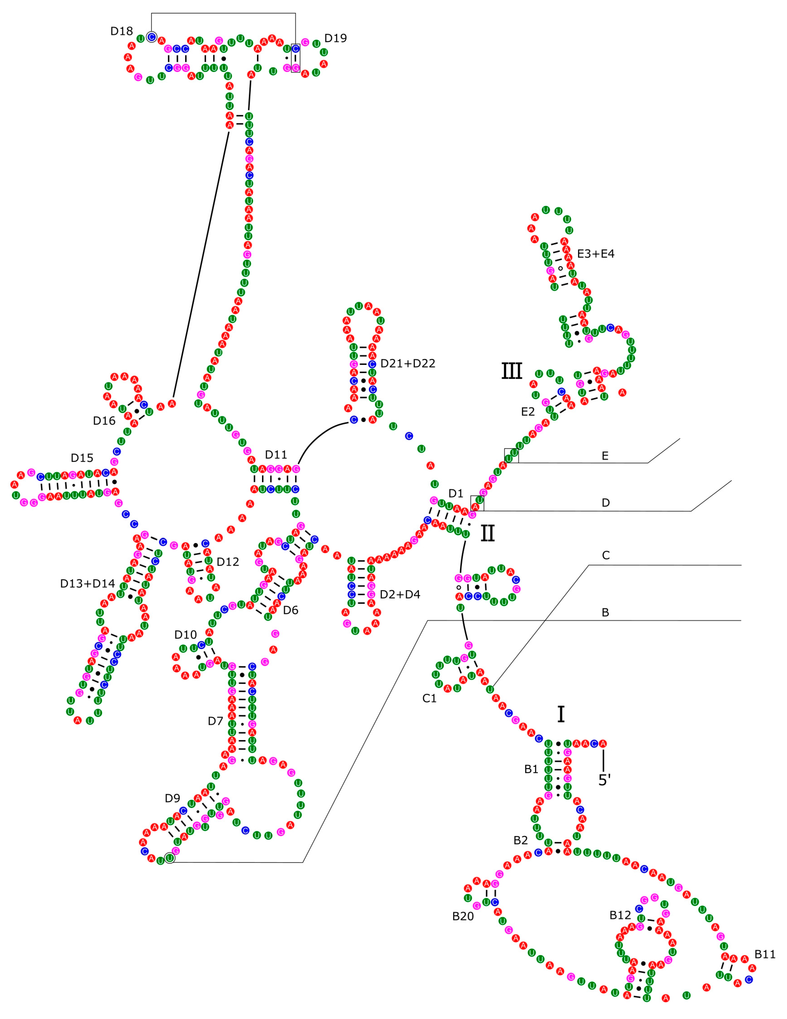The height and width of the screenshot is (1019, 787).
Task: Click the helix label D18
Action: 121,31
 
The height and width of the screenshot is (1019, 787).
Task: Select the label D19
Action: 336,38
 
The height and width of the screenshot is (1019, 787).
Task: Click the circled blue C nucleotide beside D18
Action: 151,37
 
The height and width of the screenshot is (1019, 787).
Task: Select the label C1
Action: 429,698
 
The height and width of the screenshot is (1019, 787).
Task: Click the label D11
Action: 276,455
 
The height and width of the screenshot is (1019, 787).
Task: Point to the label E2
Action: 528,412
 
